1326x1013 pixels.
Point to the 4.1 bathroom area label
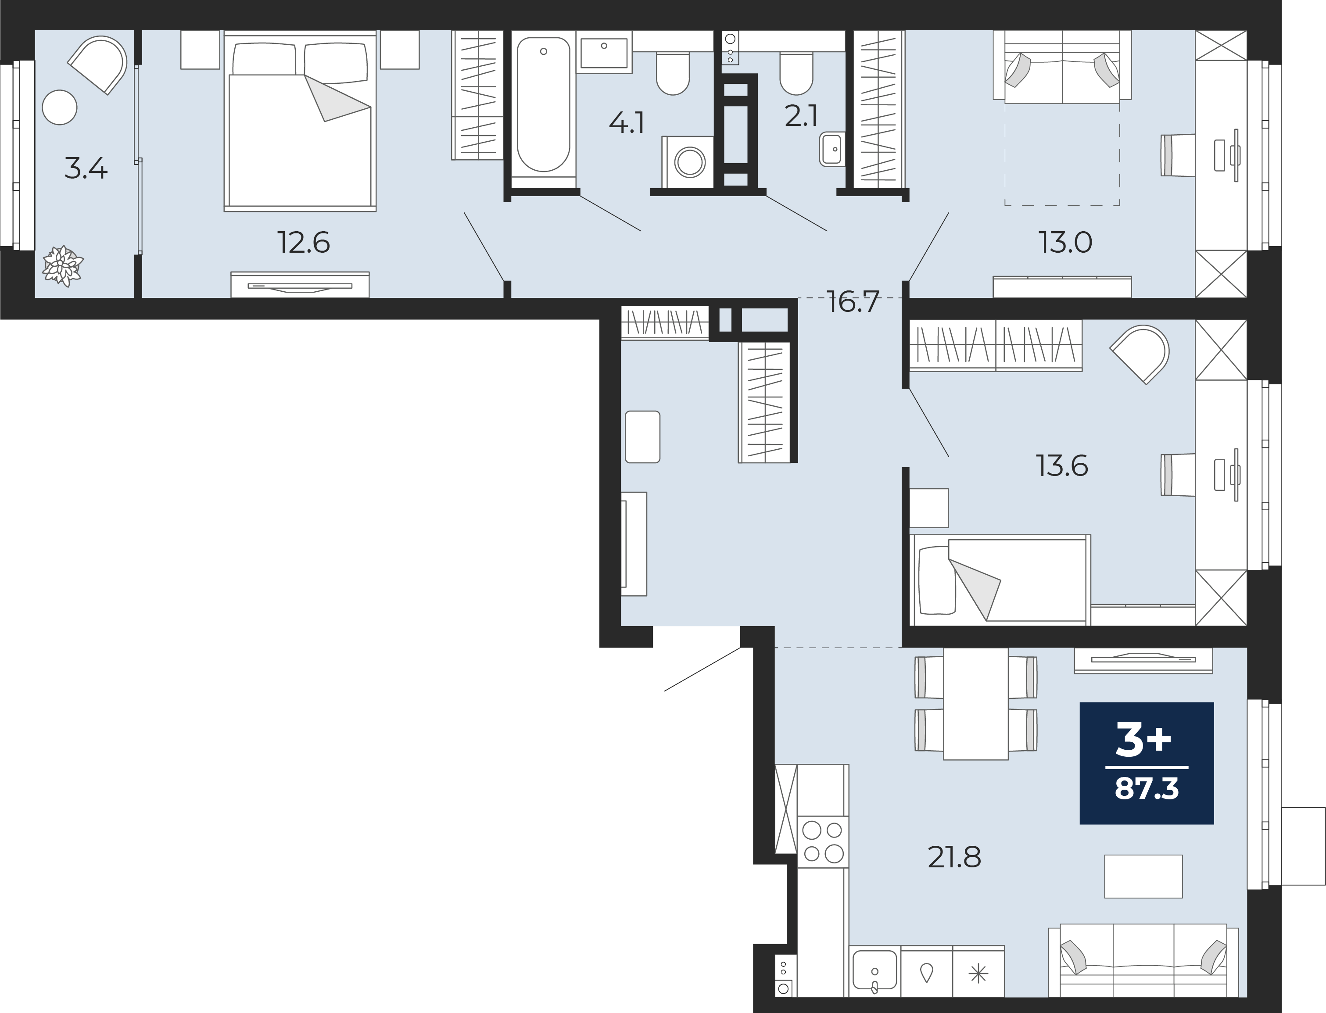(x=627, y=124)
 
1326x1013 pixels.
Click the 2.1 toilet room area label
(x=801, y=116)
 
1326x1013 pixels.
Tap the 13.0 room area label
(x=1065, y=243)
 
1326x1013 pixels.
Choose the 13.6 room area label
(x=1062, y=466)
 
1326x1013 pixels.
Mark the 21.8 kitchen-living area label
(x=954, y=857)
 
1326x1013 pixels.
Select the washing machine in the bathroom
(x=688, y=161)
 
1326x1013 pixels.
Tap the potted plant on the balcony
(x=62, y=266)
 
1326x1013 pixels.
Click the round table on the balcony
(x=60, y=107)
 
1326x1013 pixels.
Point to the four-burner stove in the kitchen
(x=823, y=842)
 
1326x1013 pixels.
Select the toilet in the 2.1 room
(x=796, y=74)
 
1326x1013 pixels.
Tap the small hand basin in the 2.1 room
(x=832, y=149)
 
